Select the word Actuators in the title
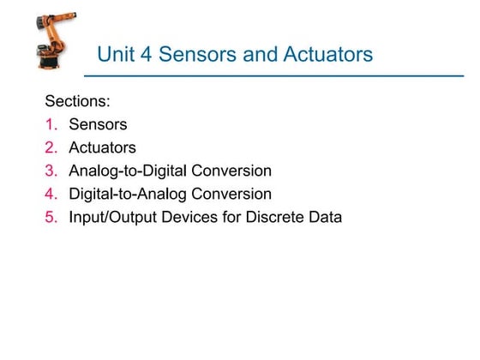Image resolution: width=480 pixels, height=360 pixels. pyautogui.click(x=330, y=56)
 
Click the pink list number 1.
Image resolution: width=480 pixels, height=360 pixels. pyautogui.click(x=50, y=124)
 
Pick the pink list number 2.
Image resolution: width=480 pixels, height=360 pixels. pyautogui.click(x=50, y=147)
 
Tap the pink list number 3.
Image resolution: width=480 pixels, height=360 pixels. pyautogui.click(x=50, y=171)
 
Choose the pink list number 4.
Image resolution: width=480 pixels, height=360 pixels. pyautogui.click(x=50, y=194)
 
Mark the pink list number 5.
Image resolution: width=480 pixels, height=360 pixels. pyautogui.click(x=50, y=217)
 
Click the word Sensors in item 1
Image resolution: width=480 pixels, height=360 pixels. pyautogui.click(x=98, y=124)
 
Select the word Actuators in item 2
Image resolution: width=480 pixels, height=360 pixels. pyautogui.click(x=102, y=147)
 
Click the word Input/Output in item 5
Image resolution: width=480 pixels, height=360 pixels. pyautogui.click(x=109, y=217)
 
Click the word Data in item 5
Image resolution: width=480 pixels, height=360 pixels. pyautogui.click(x=325, y=217)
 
